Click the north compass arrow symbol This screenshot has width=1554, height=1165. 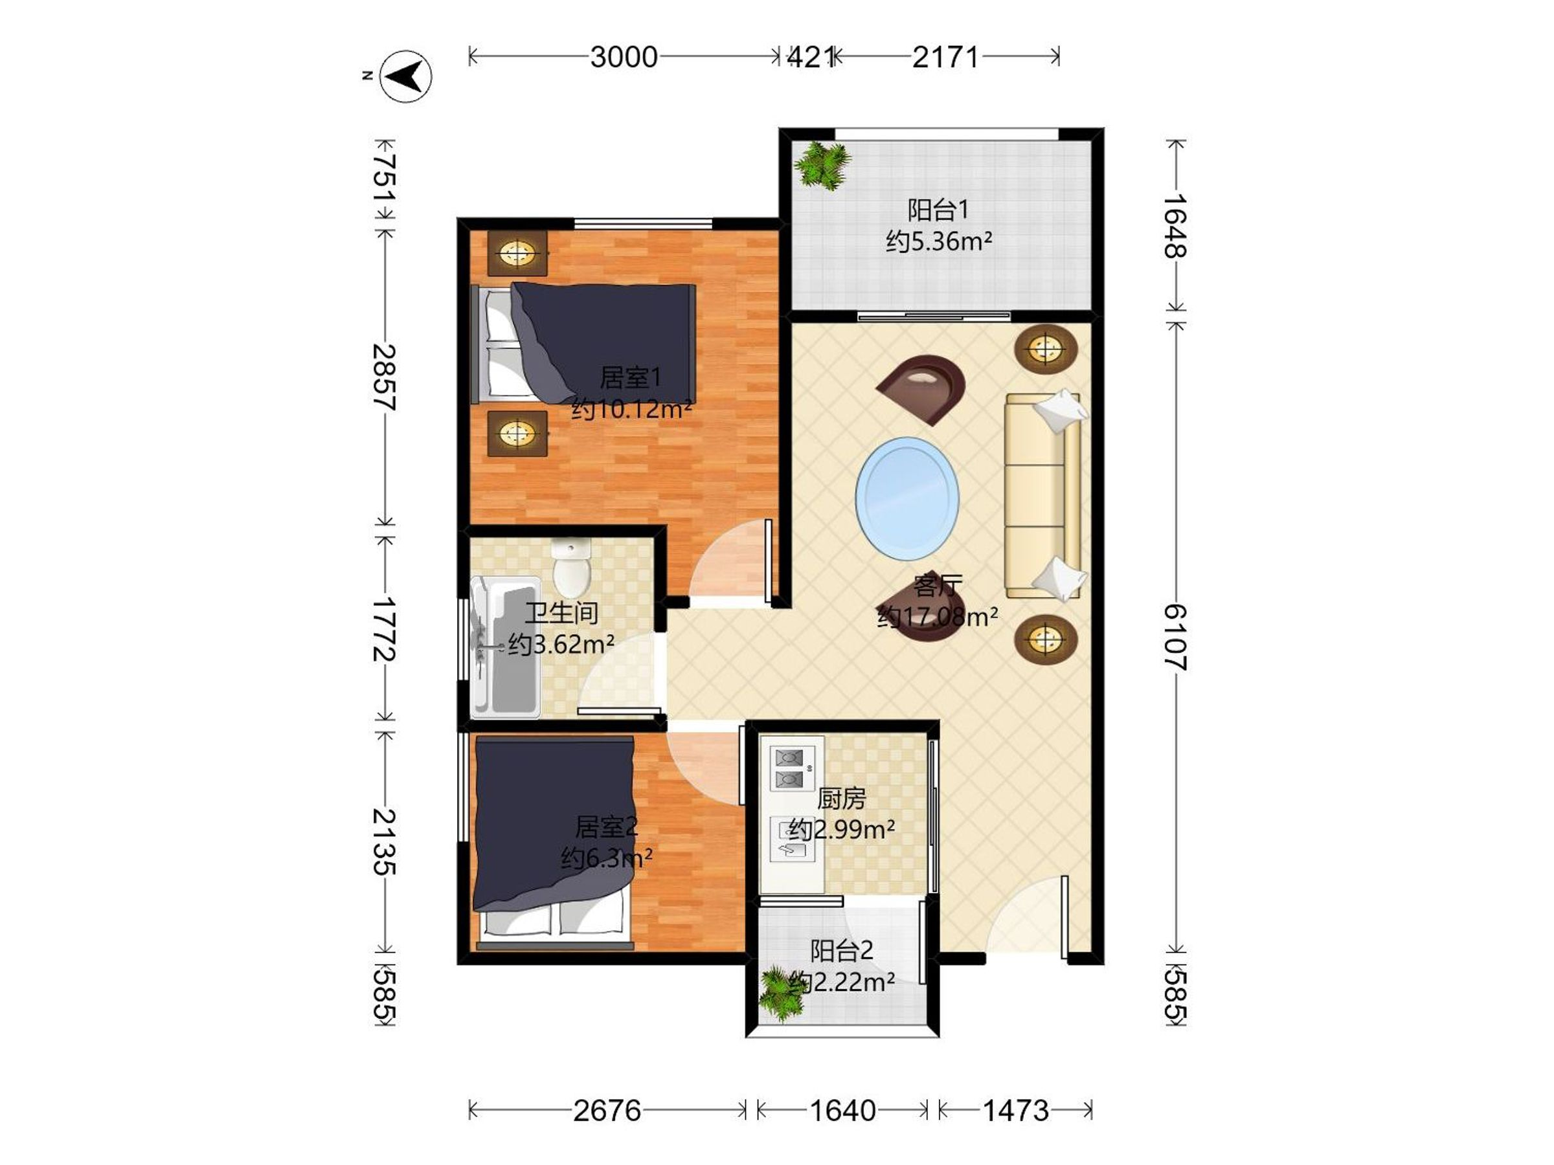pos(406,76)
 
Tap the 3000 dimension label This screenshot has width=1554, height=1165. pos(624,57)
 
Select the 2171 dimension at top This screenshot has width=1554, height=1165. pos(945,57)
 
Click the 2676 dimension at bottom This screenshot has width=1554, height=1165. pos(607,1111)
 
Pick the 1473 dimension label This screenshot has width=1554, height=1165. pos(1015,1111)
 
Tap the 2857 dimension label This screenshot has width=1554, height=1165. pos(384,377)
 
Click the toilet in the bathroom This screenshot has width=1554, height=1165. pos(570,566)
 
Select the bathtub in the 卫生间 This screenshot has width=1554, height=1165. pos(505,647)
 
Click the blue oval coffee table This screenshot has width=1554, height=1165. pos(907,498)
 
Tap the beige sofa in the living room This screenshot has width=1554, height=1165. pos(1043,495)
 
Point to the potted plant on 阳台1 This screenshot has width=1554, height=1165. pos(821,166)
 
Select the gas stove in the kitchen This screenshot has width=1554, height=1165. pos(792,769)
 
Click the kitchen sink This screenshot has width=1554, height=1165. pos(793,839)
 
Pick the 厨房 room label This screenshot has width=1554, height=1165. pos(842,799)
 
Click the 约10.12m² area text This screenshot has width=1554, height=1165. pos(631,408)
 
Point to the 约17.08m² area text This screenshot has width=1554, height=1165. pos(938,617)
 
